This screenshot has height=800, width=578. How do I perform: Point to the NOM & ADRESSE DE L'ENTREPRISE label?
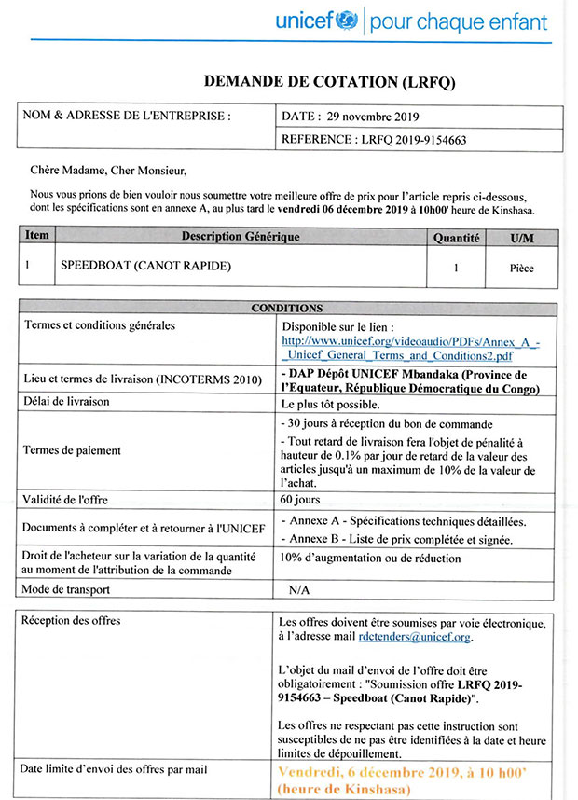pyautogui.click(x=127, y=117)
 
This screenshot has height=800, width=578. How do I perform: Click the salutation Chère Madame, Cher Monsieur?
pyautogui.click(x=108, y=171)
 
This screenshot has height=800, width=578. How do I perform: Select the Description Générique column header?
pyautogui.click(x=241, y=237)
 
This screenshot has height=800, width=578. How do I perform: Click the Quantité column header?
pyautogui.click(x=456, y=238)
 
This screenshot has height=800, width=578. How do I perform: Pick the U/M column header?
pyautogui.click(x=523, y=238)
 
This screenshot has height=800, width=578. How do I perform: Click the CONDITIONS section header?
pyautogui.click(x=287, y=308)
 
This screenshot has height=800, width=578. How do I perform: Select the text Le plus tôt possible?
pyautogui.click(x=330, y=403)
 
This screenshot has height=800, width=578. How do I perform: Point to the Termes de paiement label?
pyautogui.click(x=72, y=450)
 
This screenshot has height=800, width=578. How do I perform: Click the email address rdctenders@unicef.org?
pyautogui.click(x=414, y=638)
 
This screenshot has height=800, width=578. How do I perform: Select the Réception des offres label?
pyautogui.click(x=71, y=621)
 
